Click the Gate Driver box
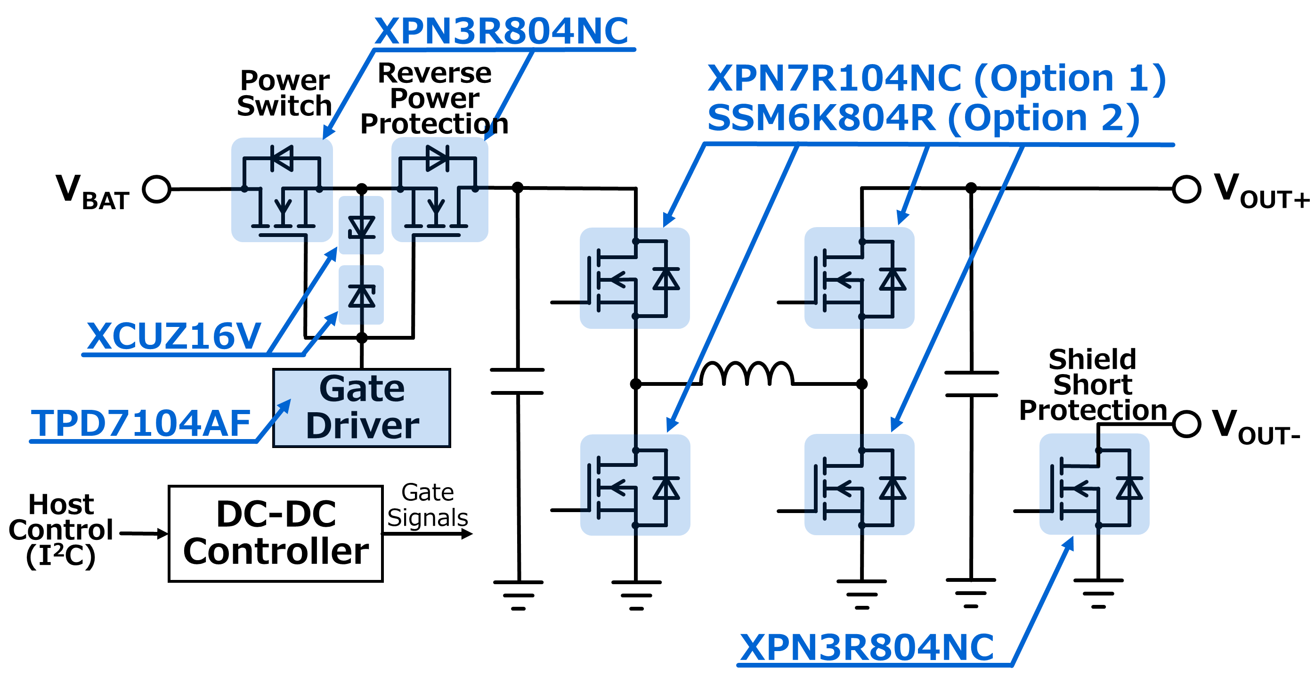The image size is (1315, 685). (x=361, y=408)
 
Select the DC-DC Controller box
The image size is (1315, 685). (x=276, y=533)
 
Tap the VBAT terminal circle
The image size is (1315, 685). (x=156, y=189)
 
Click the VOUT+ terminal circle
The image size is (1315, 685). (x=1186, y=189)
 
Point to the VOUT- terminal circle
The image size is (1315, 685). (x=1186, y=424)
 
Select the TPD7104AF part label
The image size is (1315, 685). (x=140, y=424)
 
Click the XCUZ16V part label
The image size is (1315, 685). (x=174, y=336)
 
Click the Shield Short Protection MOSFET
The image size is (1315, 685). (x=1094, y=484)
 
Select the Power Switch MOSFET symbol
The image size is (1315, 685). (x=282, y=190)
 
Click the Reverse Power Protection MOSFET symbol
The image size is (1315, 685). (x=439, y=190)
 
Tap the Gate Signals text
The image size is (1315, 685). (x=427, y=505)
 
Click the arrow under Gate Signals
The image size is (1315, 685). (x=427, y=534)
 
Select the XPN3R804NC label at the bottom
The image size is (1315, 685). (x=867, y=648)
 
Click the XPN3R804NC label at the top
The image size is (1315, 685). (x=501, y=32)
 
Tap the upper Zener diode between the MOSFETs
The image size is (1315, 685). (x=361, y=226)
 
